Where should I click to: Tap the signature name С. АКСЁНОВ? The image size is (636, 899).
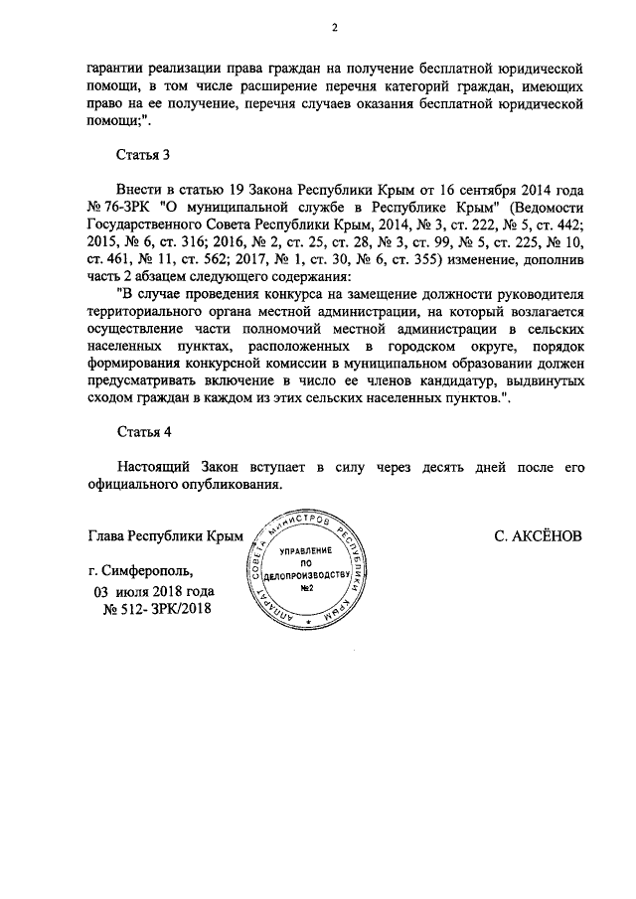pyautogui.click(x=537, y=536)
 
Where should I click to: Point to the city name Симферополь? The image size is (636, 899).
pyautogui.click(x=147, y=571)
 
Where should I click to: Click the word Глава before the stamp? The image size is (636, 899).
pyautogui.click(x=109, y=536)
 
